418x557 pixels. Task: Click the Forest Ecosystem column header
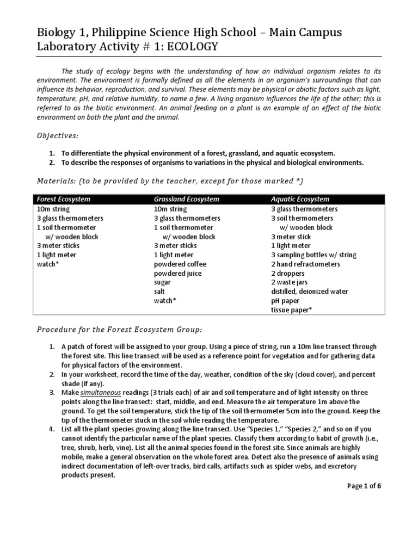tap(64, 199)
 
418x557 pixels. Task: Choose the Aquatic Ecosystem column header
tap(300, 199)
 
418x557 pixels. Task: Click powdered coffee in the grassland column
tap(180, 264)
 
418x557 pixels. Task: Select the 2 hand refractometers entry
tap(305, 264)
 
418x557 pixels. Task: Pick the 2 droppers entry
tap(288, 273)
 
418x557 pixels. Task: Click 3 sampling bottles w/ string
tap(313, 255)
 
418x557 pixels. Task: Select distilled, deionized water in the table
tap(310, 292)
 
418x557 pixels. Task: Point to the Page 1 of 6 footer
tap(365, 486)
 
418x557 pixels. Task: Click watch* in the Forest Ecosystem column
tap(47, 264)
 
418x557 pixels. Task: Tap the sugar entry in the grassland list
tap(162, 282)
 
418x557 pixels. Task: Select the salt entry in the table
tap(160, 292)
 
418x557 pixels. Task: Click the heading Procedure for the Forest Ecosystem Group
tap(119, 330)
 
